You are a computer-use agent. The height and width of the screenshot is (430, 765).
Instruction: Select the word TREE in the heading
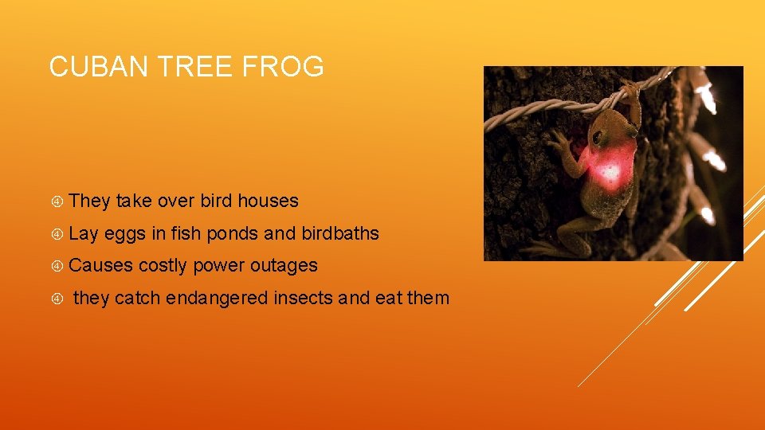pos(191,66)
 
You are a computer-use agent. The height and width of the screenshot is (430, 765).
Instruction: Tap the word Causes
pos(101,265)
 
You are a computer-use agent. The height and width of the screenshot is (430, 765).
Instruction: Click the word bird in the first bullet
pos(217,201)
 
